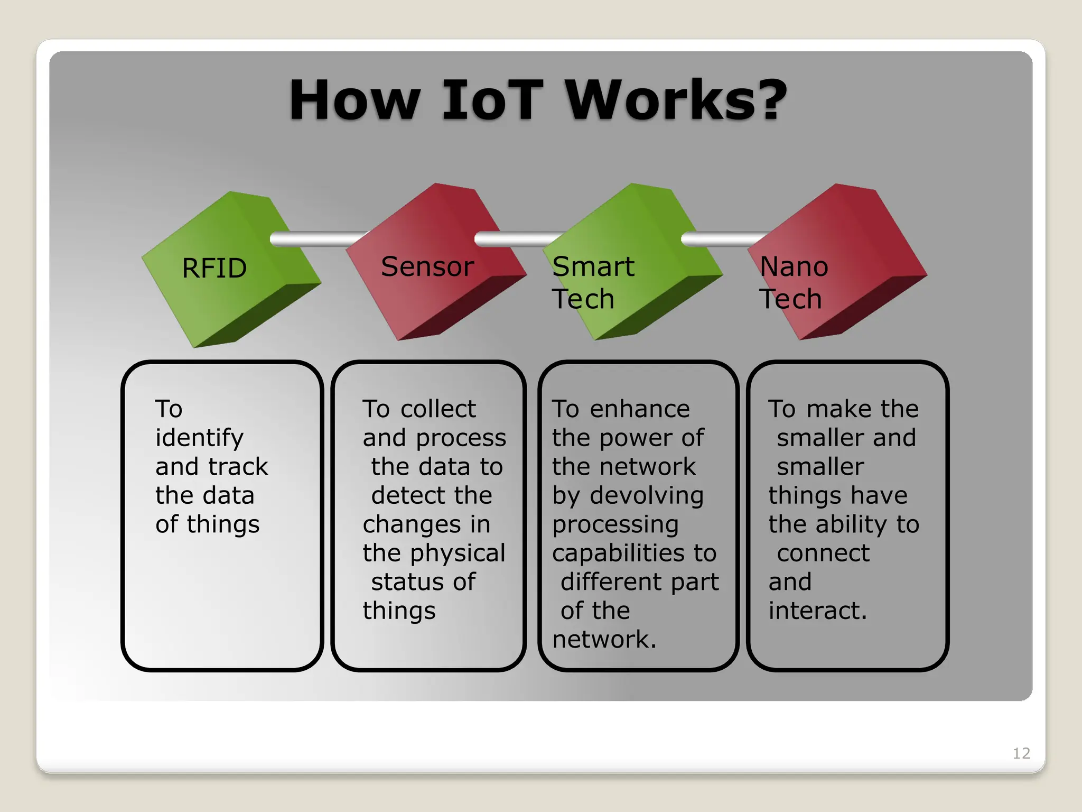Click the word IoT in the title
(492, 100)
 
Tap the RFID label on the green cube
(214, 268)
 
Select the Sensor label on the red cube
(427, 266)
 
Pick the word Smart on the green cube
(593, 266)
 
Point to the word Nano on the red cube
(794, 266)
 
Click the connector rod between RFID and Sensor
(317, 239)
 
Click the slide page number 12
(1021, 753)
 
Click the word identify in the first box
(199, 438)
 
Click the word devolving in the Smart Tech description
(647, 496)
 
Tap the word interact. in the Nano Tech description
(817, 611)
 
